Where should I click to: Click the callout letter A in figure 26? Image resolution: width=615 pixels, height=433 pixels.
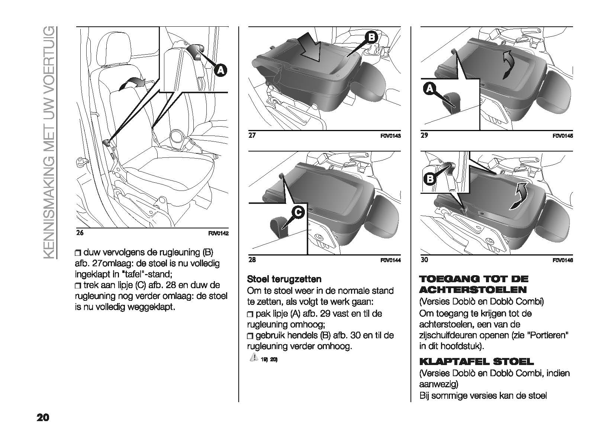pos(220,70)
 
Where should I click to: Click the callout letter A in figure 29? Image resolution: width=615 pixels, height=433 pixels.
pos(429,88)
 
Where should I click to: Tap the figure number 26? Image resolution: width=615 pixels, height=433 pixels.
pos(80,233)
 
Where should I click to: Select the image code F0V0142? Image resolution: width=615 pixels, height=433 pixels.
pos(218,234)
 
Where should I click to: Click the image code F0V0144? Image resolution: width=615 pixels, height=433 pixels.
pos(390,260)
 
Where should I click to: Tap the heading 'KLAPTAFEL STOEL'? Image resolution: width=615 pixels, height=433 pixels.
pos(476,361)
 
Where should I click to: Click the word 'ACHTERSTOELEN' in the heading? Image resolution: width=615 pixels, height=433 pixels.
pos(473,289)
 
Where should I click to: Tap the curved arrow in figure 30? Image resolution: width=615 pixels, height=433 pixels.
pos(518,196)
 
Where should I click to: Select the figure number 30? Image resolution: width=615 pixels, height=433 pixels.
pos(424,260)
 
